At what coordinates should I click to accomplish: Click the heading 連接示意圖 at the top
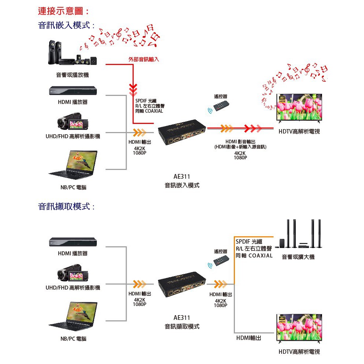tap(63, 11)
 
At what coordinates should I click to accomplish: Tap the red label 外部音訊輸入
tap(144, 59)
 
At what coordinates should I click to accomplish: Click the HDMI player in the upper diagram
tap(72, 91)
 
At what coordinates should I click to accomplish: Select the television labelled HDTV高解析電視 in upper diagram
tap(299, 108)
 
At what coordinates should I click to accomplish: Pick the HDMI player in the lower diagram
tap(72, 242)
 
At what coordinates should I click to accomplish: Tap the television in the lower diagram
tap(299, 328)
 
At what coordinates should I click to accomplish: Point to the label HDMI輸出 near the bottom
tap(249, 338)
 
